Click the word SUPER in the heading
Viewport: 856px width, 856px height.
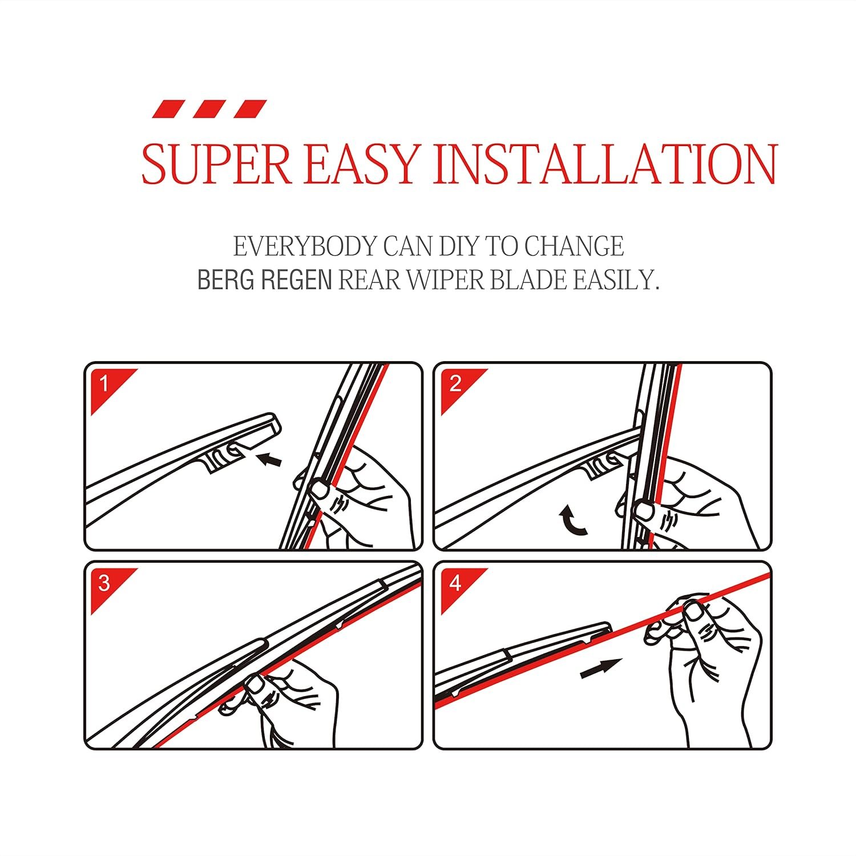pyautogui.click(x=216, y=163)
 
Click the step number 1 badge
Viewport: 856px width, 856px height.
pyautogui.click(x=104, y=384)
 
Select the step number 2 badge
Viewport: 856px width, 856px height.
pyautogui.click(x=455, y=384)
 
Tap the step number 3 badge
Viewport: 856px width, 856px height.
pyautogui.click(x=104, y=583)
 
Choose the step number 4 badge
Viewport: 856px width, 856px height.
pyautogui.click(x=455, y=583)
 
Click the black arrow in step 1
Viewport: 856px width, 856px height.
pyautogui.click(x=269, y=458)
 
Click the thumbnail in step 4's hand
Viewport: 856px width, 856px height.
pyautogui.click(x=694, y=612)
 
